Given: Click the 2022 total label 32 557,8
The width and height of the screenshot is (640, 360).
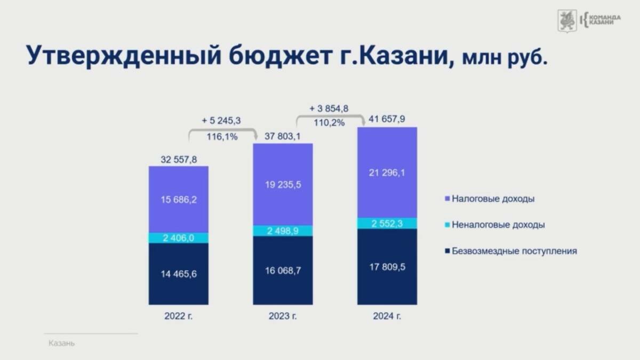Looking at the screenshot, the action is coord(179,159).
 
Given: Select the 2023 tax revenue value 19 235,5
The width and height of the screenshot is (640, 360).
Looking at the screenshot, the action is coord(283,185).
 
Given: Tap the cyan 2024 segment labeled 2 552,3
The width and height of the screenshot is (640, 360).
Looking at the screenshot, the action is coord(387,223).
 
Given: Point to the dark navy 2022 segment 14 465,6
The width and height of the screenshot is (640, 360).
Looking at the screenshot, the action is coord(179,274).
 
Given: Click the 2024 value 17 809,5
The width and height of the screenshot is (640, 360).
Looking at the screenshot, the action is coord(387,267).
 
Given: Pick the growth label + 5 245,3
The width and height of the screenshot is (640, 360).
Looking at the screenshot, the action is coord(221,121).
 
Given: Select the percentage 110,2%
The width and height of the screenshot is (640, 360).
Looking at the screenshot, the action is coord(329,123).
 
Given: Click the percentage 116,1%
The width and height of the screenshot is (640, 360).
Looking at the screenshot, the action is coord(222,137).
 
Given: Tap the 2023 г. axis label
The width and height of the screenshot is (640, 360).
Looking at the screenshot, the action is coord(283,316).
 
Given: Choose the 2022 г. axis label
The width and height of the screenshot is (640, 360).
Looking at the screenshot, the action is coord(179,316).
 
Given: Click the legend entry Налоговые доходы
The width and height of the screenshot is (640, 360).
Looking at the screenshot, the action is coord(490,198).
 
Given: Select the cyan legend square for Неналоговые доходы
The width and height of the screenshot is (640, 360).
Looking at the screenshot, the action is coord(447,225).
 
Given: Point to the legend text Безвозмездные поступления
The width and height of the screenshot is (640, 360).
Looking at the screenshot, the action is coord(514,251).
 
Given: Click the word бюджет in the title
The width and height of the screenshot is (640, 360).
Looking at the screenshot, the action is coord(281,55).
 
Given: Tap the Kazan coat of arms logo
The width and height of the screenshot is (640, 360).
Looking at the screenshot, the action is coord(567,21).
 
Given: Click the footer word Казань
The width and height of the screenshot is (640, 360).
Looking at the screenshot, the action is coord(61,343).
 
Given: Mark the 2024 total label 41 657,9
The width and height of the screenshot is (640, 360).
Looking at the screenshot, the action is coord(387,119).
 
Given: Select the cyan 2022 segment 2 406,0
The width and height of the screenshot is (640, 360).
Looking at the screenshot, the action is coord(179,238).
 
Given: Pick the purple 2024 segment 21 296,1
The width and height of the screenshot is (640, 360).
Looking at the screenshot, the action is coord(387,173).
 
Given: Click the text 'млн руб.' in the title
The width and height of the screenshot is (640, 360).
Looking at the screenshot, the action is coord(505,58).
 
